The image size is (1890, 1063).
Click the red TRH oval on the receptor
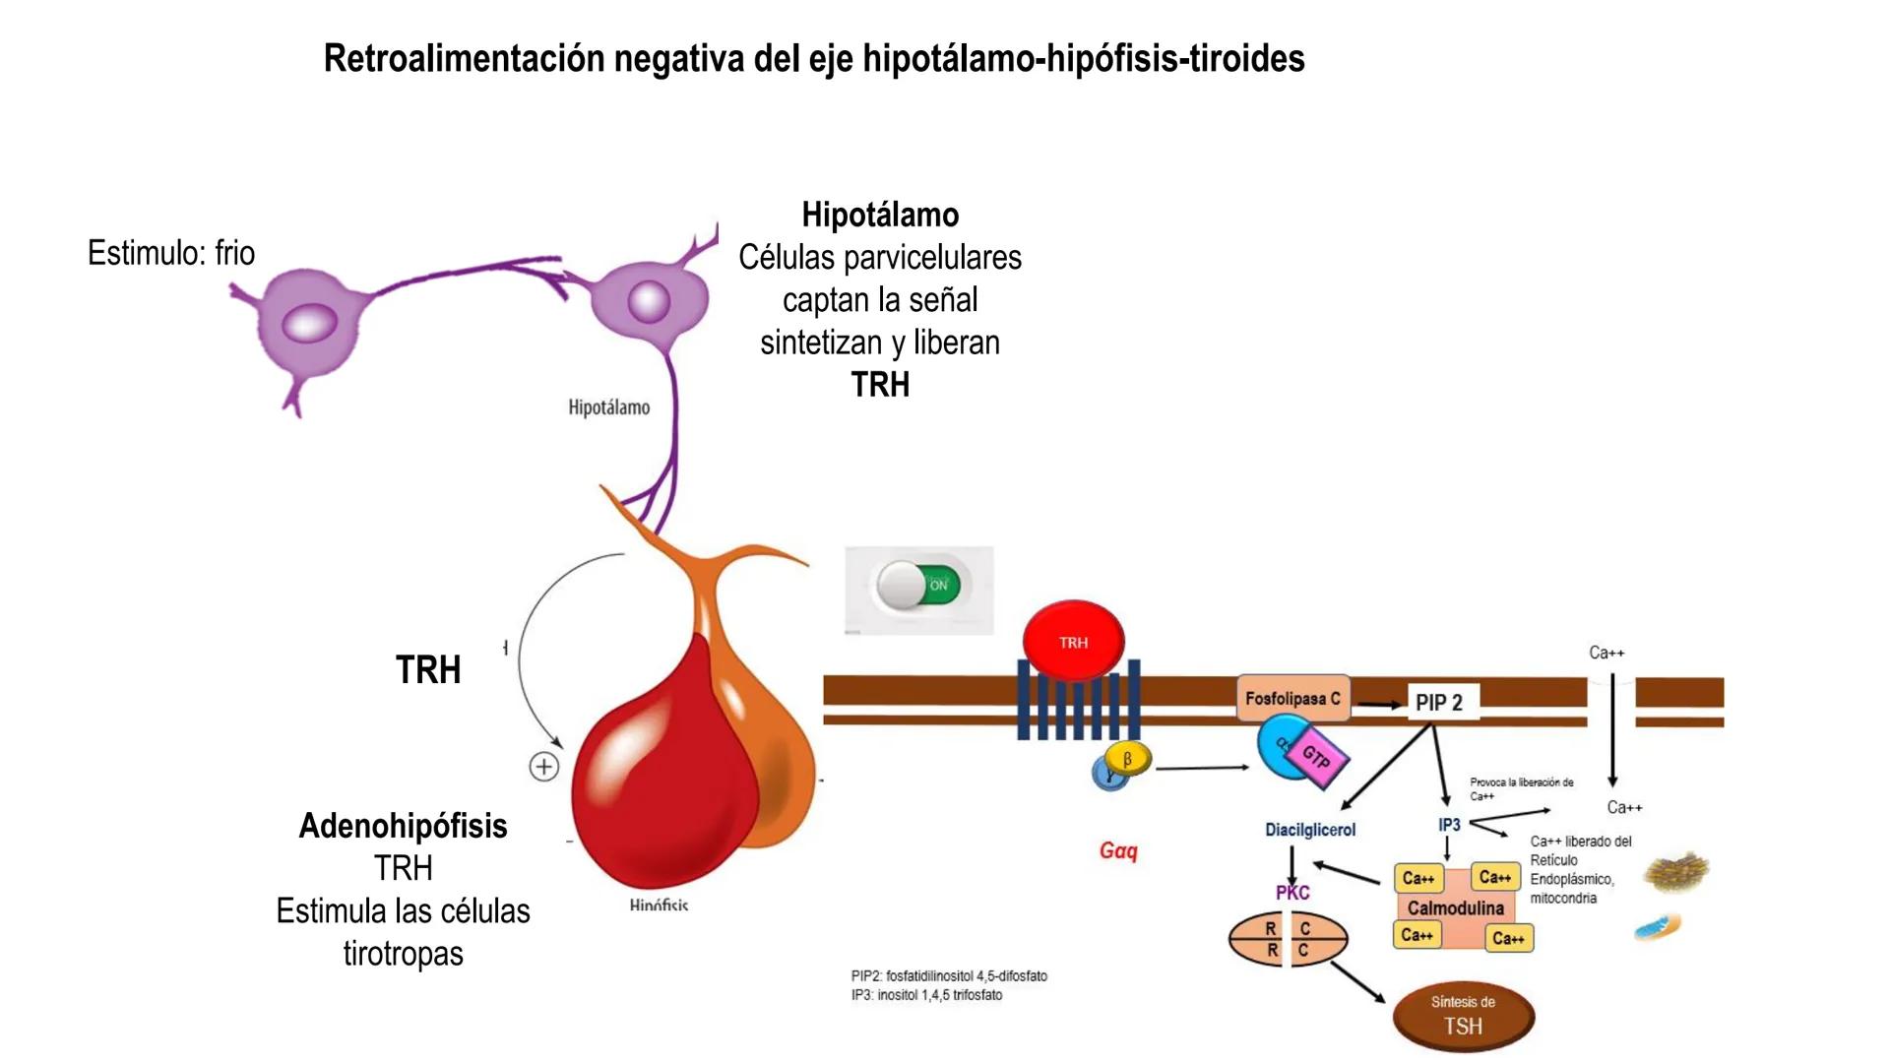pyautogui.click(x=1073, y=642)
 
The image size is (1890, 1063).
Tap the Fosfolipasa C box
pyautogui.click(x=1292, y=699)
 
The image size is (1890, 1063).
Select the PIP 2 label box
pyautogui.click(x=1439, y=703)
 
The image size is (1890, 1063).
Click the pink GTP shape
pyautogui.click(x=1317, y=757)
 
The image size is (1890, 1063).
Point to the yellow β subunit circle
pyautogui.click(x=1128, y=760)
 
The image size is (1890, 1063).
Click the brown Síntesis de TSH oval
pyautogui.click(x=1463, y=1017)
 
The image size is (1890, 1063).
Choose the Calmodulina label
pyautogui.click(x=1455, y=908)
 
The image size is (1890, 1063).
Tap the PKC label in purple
pyautogui.click(x=1292, y=893)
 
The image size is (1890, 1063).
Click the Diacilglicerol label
pyautogui.click(x=1310, y=830)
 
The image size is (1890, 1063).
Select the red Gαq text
pyautogui.click(x=1118, y=850)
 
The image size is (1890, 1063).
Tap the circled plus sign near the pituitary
pyautogui.click(x=543, y=767)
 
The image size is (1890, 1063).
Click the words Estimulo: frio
pyautogui.click(x=171, y=253)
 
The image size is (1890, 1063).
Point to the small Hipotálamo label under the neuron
pyautogui.click(x=608, y=407)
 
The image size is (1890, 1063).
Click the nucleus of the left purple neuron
pyautogui.click(x=309, y=323)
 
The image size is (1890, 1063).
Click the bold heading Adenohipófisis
pyautogui.click(x=403, y=826)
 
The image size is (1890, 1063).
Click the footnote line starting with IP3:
pyautogui.click(x=926, y=995)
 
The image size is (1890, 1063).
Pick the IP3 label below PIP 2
pyautogui.click(x=1449, y=825)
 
